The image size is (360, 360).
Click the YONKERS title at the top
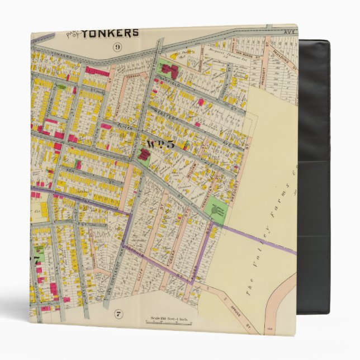tap(110, 33)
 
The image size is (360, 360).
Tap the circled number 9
tap(117, 47)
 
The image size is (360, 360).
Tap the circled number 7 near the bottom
tap(118, 312)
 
